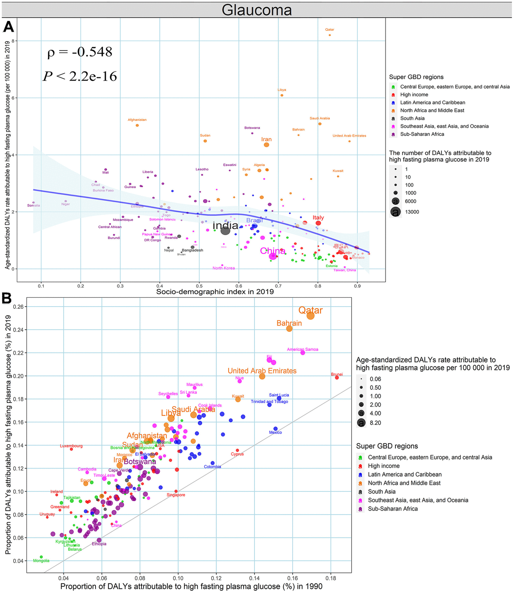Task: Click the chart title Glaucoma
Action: click(257, 10)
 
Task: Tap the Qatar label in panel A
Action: click(329, 30)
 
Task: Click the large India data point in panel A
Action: click(225, 230)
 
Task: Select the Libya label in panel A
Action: click(282, 90)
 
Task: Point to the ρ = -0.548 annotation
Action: click(80, 52)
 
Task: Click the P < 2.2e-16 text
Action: click(80, 76)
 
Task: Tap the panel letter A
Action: click(9, 27)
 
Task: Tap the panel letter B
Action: click(7, 298)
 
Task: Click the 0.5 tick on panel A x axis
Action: click(199, 286)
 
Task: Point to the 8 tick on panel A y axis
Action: click(13, 41)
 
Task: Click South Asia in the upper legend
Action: click(412, 118)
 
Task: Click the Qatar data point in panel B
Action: click(311, 316)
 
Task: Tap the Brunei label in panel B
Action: click(337, 375)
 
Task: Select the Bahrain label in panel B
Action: click(289, 323)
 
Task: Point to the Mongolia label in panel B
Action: click(41, 561)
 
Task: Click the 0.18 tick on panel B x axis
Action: click(330, 578)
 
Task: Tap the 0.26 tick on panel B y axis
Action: click(19, 307)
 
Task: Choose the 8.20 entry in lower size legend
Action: click(375, 423)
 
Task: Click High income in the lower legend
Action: click(383, 466)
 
